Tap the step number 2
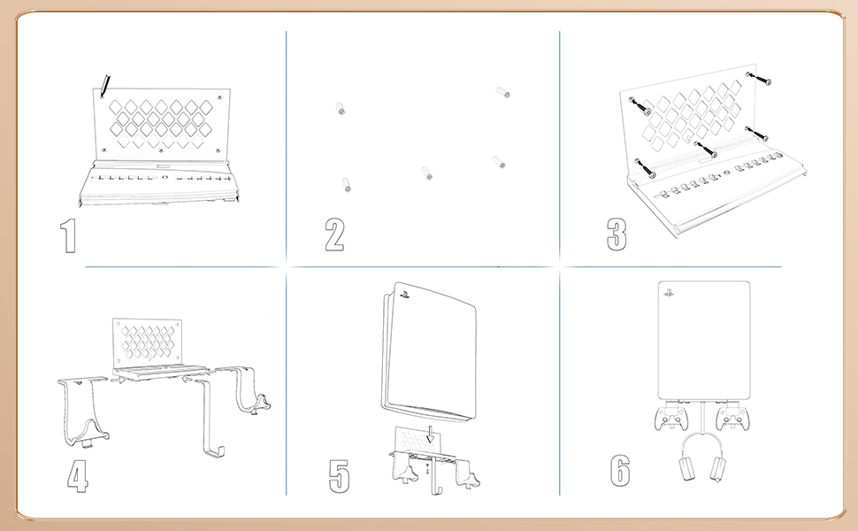(x=334, y=235)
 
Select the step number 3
(x=617, y=235)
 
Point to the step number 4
(x=78, y=476)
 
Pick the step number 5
(x=340, y=476)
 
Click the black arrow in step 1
(x=106, y=86)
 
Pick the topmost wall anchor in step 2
(x=503, y=92)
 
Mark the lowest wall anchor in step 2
(x=346, y=184)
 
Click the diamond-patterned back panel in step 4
(x=148, y=341)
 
